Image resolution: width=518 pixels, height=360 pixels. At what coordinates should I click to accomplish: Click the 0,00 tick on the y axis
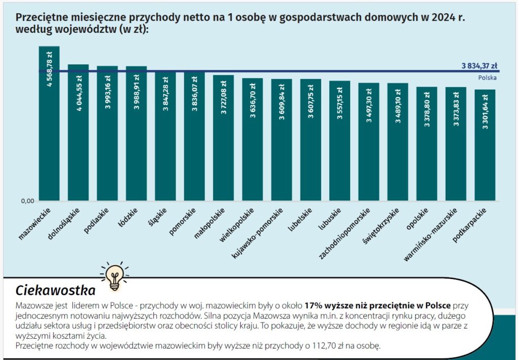click(x=27, y=201)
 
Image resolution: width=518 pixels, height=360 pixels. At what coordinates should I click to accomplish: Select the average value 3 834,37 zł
click(x=479, y=66)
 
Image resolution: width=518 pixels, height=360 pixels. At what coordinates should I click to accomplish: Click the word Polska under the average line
click(x=487, y=78)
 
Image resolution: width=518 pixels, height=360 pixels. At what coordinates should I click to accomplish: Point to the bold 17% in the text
click(x=313, y=306)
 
